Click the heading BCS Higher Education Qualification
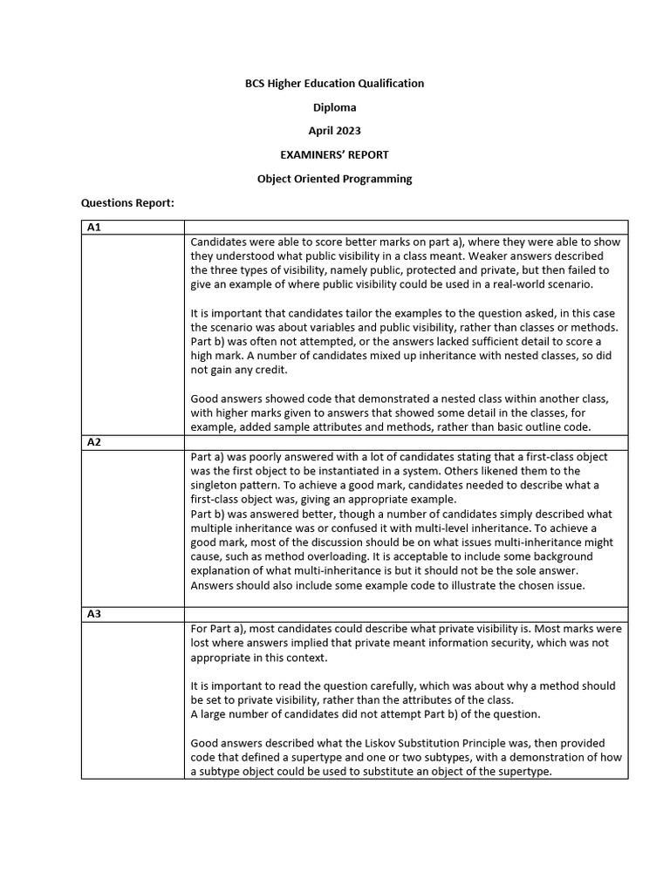pyautogui.click(x=334, y=84)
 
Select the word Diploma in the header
pyautogui.click(x=334, y=107)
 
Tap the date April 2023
pyautogui.click(x=334, y=131)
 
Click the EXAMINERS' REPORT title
pyautogui.click(x=334, y=154)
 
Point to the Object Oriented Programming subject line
pyautogui.click(x=334, y=179)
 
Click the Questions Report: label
pyautogui.click(x=127, y=203)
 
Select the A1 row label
pyautogui.click(x=94, y=228)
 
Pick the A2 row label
pyautogui.click(x=94, y=442)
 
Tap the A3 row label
pyautogui.click(x=94, y=614)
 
